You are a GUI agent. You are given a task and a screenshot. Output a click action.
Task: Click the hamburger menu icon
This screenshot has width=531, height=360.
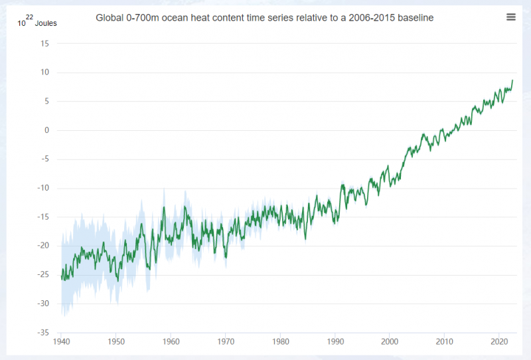[510, 17]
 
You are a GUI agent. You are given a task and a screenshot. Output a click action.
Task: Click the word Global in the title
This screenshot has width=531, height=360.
[111, 18]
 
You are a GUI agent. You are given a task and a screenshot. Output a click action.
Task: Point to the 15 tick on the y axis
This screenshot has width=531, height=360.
[44, 44]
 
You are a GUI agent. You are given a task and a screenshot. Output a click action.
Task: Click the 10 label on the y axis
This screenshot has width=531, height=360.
[44, 72]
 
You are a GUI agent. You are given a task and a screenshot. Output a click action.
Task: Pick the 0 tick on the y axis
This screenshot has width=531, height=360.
[46, 130]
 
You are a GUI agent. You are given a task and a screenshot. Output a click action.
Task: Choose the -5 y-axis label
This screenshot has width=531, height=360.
[45, 159]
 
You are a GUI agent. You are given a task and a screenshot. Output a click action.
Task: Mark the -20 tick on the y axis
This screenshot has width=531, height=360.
[44, 246]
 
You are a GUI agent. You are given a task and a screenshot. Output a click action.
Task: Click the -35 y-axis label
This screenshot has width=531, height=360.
[44, 332]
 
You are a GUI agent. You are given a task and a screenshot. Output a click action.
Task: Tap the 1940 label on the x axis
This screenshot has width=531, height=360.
[62, 342]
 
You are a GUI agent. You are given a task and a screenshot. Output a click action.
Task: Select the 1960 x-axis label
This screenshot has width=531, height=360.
[171, 342]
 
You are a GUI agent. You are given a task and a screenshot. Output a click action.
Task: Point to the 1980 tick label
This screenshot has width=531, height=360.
[280, 342]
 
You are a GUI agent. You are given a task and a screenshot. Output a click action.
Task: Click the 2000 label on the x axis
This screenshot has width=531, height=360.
[390, 342]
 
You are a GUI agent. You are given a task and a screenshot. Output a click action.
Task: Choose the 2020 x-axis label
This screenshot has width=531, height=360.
[498, 342]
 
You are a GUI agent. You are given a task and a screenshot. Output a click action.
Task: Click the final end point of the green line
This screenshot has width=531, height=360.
[512, 80]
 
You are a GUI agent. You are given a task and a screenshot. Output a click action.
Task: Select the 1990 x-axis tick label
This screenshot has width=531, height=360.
[335, 342]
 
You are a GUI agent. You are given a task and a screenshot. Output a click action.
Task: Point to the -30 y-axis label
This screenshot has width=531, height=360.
[44, 304]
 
